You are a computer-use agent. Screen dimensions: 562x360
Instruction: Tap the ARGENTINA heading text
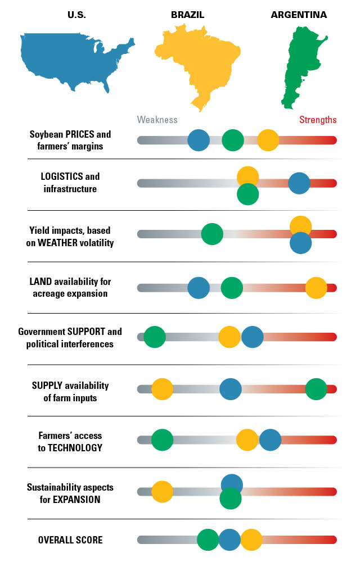[x=299, y=15]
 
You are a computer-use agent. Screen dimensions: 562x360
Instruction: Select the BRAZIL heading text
[x=187, y=15]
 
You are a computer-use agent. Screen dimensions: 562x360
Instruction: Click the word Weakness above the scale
[x=157, y=120]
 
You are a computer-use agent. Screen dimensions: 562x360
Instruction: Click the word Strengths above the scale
[x=318, y=120]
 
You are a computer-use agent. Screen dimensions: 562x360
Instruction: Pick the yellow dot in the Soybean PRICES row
[x=268, y=140]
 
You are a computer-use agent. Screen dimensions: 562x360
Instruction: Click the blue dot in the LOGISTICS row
[x=299, y=183]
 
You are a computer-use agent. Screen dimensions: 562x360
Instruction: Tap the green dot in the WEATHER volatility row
[x=212, y=234]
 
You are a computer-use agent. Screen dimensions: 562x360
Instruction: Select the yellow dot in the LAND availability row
[x=316, y=288]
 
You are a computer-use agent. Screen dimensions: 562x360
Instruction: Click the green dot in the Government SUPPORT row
[x=155, y=337]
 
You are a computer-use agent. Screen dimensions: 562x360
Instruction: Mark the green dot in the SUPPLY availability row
[x=316, y=389]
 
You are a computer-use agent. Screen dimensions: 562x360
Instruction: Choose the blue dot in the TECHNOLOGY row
[x=270, y=440]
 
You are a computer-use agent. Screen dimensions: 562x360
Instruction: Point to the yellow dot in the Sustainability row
[x=162, y=491]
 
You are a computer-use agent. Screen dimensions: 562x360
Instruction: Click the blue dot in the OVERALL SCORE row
[x=229, y=540]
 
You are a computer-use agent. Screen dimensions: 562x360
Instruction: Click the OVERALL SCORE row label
[x=70, y=540]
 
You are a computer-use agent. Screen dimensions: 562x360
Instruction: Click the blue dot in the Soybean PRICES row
[x=198, y=140]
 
